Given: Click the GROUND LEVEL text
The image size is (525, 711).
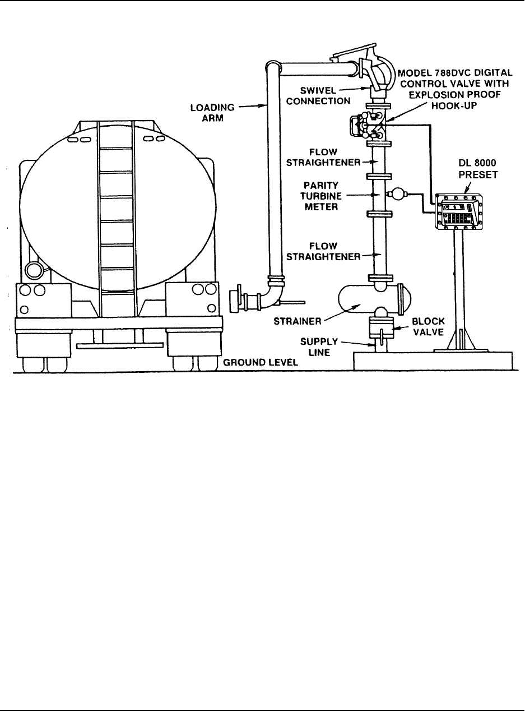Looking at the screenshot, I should (x=261, y=363).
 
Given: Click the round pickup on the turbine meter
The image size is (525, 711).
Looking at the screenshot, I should (x=399, y=194).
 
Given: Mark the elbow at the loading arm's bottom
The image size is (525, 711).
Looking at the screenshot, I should (x=276, y=292).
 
